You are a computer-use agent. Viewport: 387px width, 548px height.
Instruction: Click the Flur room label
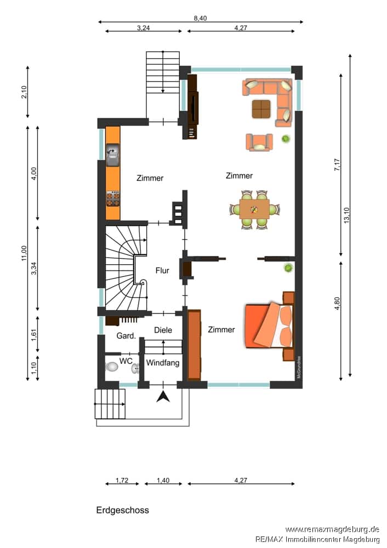pyautogui.click(x=162, y=270)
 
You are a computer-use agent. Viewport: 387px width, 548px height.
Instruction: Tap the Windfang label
pyautogui.click(x=163, y=363)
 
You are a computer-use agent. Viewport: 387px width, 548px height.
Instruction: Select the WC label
pyautogui.click(x=126, y=361)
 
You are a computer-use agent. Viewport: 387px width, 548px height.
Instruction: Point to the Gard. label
pyautogui.click(x=126, y=336)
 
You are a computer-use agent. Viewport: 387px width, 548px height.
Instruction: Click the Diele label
pyautogui.click(x=163, y=330)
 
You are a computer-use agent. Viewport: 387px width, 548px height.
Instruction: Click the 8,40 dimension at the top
pyautogui.click(x=200, y=18)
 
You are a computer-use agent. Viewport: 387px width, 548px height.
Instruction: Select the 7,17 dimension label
pyautogui.click(x=337, y=164)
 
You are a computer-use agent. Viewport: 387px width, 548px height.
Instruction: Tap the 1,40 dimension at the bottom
pyautogui.click(x=163, y=480)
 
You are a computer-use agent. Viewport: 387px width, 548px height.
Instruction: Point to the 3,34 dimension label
pyautogui.click(x=34, y=269)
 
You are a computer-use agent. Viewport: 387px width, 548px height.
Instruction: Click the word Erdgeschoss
pyautogui.click(x=122, y=510)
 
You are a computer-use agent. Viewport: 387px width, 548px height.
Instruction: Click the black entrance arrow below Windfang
pyautogui.click(x=163, y=397)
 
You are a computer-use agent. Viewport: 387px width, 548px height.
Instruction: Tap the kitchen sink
pyautogui.click(x=113, y=155)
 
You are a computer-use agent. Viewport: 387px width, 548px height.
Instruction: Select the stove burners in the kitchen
pyautogui.click(x=113, y=198)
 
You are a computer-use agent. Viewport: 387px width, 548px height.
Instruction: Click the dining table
pyautogui.click(x=254, y=209)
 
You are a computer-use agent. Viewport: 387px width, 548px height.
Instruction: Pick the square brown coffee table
pyautogui.click(x=261, y=109)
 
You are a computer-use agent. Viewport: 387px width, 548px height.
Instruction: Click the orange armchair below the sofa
pyautogui.click(x=259, y=142)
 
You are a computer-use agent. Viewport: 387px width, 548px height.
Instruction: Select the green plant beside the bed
pyautogui.click(x=288, y=268)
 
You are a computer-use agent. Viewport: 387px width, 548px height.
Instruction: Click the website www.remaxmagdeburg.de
pyautogui.click(x=332, y=529)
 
